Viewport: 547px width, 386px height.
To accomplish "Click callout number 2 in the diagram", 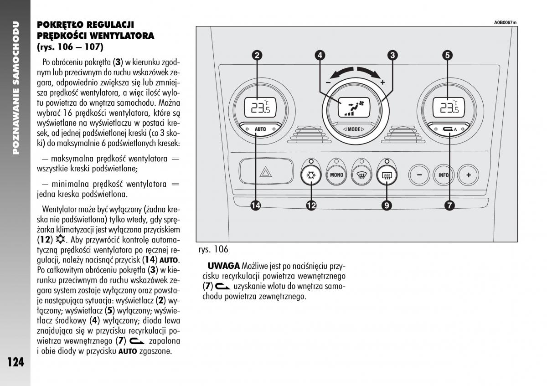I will click(258, 56).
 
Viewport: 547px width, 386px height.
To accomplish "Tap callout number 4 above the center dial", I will click(320, 56).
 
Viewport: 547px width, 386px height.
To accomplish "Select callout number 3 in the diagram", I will click(392, 56).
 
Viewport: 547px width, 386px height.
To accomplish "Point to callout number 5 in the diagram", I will click(447, 56).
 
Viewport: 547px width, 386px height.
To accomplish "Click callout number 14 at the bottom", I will click(256, 206).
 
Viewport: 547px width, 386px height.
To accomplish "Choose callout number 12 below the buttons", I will click(311, 206).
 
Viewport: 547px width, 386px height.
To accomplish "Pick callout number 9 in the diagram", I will click(387, 206).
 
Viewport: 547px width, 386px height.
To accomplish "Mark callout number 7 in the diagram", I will click(449, 206).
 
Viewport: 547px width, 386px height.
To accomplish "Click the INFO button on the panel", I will click(444, 175).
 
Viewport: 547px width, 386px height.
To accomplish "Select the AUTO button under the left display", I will click(260, 129).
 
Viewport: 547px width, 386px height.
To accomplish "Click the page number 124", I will click(15, 362).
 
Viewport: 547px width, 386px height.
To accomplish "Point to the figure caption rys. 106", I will click(213, 249).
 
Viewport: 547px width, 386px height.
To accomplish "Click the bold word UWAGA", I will click(223, 266).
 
